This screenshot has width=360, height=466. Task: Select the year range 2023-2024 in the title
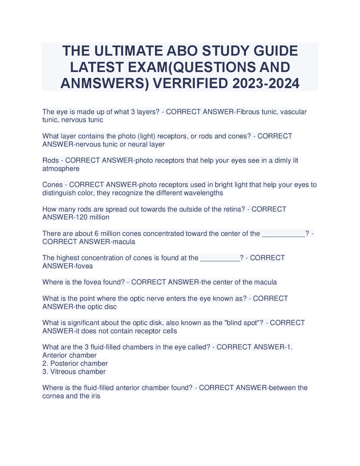pos(266,83)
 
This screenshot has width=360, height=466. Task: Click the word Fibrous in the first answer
pos(248,112)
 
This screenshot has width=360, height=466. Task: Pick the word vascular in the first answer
pos(293,112)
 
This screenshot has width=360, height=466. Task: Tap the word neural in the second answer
pos(138,144)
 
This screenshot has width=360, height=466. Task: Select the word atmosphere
pos(61,169)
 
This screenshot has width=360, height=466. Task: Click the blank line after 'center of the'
pos(283,234)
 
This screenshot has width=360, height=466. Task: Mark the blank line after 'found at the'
pos(220,258)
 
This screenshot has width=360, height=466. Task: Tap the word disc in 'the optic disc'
pos(111,307)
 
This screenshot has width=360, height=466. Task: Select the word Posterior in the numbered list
pos(64,364)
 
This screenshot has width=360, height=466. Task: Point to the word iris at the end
pos(95,396)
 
